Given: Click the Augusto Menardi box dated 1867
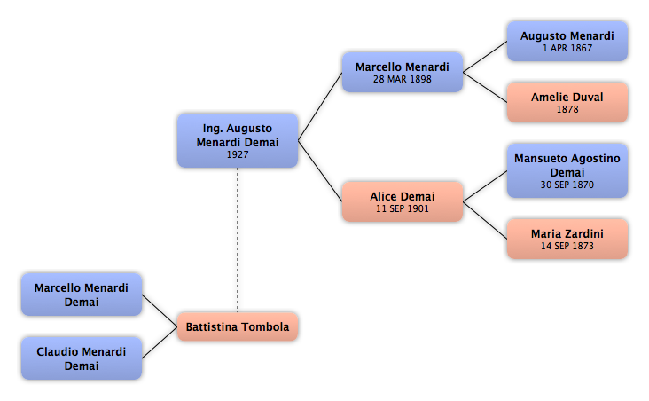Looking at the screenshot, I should [567, 42].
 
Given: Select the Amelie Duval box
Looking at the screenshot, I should [567, 102].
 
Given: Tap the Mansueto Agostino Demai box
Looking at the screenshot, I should [567, 170].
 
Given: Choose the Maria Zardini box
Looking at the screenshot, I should [567, 239].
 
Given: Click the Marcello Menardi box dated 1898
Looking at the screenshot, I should [403, 72].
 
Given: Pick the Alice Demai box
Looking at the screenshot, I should [403, 201].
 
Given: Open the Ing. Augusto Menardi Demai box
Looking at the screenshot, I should [238, 140].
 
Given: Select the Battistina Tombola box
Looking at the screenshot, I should [238, 326].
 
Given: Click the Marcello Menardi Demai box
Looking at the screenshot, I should [82, 295].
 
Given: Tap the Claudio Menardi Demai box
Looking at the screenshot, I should [82, 358].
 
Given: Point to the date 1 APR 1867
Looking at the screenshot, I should [567, 48].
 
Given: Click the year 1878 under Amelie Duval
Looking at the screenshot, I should [567, 109].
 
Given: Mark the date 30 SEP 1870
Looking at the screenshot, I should [567, 185].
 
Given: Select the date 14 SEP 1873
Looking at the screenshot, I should [567, 246].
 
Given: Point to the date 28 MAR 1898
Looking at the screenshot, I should [403, 79].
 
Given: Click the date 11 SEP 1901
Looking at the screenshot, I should [403, 208].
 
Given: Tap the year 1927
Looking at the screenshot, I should [238, 154].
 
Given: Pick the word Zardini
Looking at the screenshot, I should [585, 233].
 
